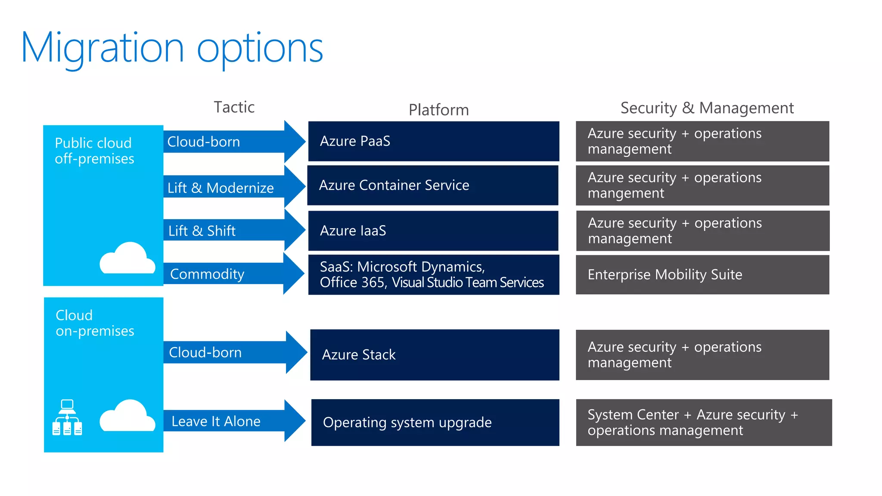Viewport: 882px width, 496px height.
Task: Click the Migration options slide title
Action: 172,48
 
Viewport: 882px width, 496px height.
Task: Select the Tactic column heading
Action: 234,107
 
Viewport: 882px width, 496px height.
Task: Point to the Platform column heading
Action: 438,110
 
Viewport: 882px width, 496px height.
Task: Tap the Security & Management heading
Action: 707,108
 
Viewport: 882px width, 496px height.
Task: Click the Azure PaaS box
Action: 433,141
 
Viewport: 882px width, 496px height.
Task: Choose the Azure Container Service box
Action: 432,185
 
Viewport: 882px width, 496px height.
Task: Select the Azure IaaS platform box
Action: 433,231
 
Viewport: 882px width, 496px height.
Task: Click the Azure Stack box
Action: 434,355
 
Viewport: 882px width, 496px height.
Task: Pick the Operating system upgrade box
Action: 435,422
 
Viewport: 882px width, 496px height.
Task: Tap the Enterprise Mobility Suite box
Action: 702,275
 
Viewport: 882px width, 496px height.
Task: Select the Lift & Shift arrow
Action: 233,231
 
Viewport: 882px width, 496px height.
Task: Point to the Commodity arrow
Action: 233,274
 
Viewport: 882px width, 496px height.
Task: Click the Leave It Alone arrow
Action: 233,421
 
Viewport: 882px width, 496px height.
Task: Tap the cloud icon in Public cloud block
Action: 127,258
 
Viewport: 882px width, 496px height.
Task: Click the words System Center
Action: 633,415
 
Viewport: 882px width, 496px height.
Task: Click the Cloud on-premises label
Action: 95,323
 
